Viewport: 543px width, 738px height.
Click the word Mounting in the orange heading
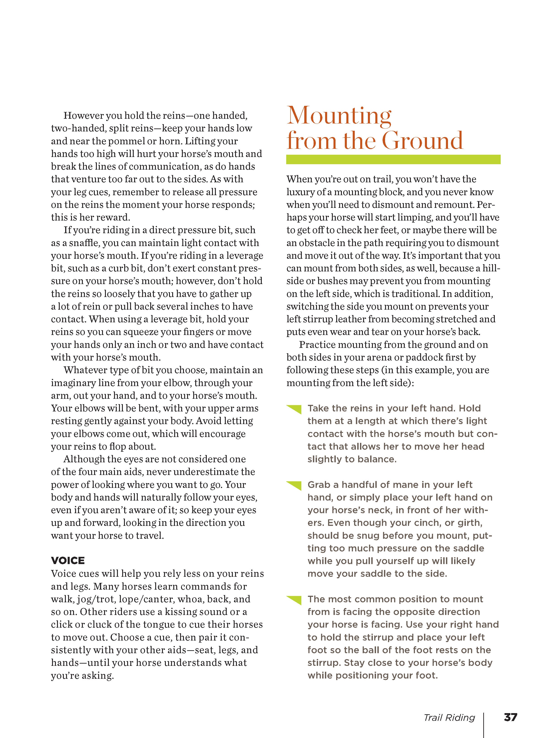339,116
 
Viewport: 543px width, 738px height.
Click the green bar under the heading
393,159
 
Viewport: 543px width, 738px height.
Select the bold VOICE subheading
68,560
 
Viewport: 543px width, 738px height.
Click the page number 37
510,717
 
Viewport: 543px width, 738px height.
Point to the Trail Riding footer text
449,718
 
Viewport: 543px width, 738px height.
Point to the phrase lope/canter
147,599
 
